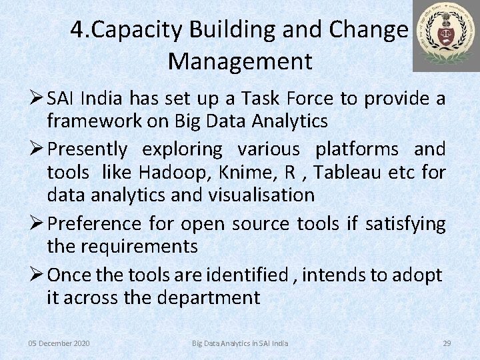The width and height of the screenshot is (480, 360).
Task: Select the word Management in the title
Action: tap(240, 61)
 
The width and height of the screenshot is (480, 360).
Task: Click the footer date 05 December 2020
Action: tap(59, 343)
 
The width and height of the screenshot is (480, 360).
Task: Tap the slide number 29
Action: tap(447, 343)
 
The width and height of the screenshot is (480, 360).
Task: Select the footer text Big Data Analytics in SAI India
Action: tap(240, 343)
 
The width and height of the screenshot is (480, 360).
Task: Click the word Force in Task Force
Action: tap(311, 99)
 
